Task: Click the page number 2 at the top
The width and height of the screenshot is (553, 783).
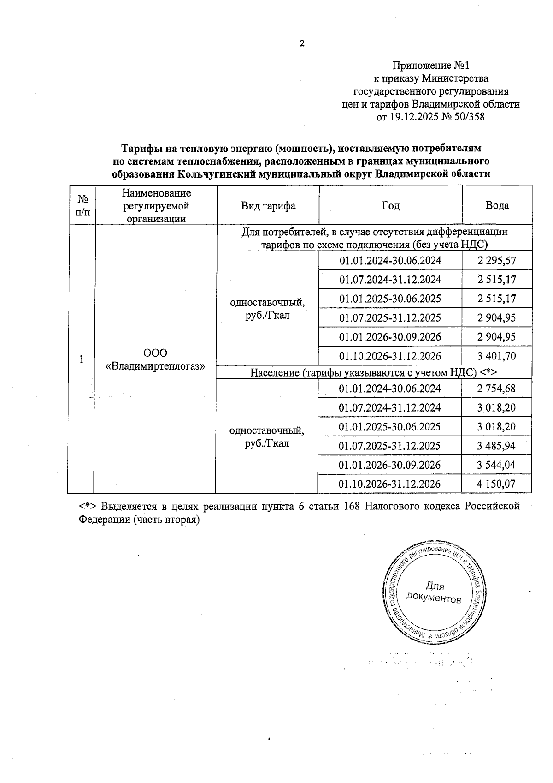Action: click(x=302, y=44)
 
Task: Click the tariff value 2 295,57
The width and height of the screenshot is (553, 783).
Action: click(x=497, y=261)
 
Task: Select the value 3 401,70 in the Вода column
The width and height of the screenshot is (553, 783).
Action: click(x=497, y=356)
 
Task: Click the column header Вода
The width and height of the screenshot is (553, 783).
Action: click(x=497, y=205)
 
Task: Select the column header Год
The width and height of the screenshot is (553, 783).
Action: click(x=390, y=205)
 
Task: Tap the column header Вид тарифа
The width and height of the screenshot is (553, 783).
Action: click(x=268, y=205)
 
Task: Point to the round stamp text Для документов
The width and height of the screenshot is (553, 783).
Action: click(x=434, y=593)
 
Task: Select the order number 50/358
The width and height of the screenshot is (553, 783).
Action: click(x=469, y=117)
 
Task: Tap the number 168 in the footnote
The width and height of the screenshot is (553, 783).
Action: click(x=353, y=506)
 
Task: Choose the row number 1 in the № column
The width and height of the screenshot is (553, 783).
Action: click(x=82, y=359)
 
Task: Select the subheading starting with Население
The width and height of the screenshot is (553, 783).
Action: click(x=374, y=372)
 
